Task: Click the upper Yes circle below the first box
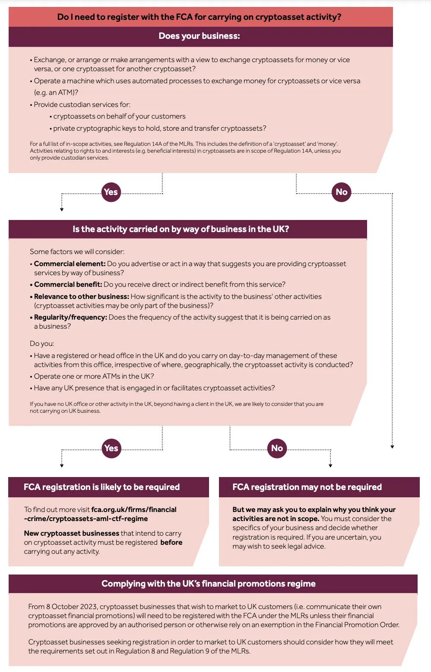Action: pyautogui.click(x=111, y=192)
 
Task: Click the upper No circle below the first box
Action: pyautogui.click(x=341, y=192)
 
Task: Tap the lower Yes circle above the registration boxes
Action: pyautogui.click(x=111, y=448)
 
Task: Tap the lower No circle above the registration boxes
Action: pyautogui.click(x=277, y=448)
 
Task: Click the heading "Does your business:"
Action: pyautogui.click(x=199, y=36)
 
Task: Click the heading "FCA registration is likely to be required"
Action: pyautogui.click(x=101, y=487)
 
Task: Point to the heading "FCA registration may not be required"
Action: pyautogui.click(x=307, y=487)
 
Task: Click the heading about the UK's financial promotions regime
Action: pyautogui.click(x=209, y=584)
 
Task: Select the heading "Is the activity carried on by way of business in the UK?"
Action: pyautogui.click(x=181, y=229)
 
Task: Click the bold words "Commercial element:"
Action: pyautogui.click(x=70, y=264)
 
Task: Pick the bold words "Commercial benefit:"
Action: pyautogui.click(x=68, y=284)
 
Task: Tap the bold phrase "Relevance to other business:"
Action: pyautogui.click(x=81, y=296)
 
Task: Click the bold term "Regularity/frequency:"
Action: pyautogui.click(x=70, y=317)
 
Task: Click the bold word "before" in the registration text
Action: pyautogui.click(x=171, y=542)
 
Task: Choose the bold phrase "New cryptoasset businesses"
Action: pyautogui.click(x=71, y=533)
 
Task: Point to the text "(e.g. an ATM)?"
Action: pyautogui.click(x=56, y=92)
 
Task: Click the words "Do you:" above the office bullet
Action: pyautogui.click(x=42, y=343)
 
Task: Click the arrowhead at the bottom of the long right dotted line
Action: pyautogui.click(x=392, y=447)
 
